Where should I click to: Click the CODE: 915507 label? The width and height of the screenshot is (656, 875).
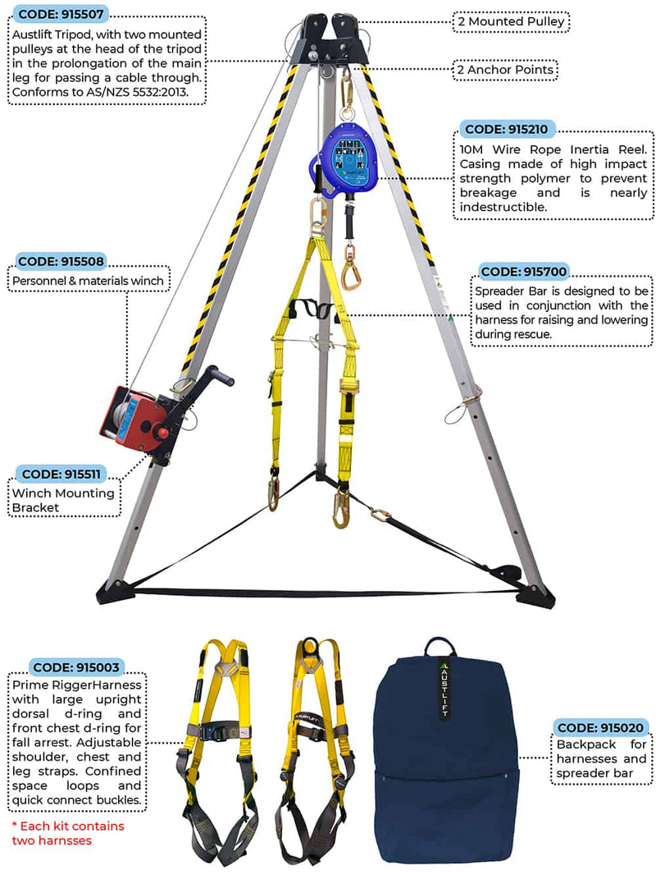[61, 14]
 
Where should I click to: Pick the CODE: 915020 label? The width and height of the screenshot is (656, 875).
[602, 727]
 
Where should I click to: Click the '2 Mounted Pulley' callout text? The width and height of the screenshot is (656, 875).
[511, 21]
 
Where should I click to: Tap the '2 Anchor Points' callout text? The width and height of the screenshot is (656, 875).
[506, 70]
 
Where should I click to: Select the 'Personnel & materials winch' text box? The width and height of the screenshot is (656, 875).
[89, 280]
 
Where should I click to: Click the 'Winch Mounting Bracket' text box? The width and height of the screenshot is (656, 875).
[63, 501]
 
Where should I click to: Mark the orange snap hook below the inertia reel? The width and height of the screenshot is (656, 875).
[354, 264]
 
